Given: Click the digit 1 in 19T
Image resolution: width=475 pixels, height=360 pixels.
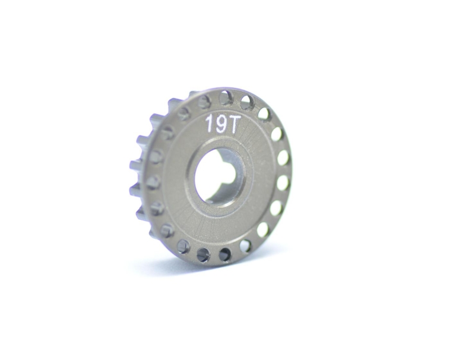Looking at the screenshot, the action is [210, 124].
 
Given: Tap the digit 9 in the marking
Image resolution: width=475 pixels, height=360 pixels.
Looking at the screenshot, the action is [220, 125].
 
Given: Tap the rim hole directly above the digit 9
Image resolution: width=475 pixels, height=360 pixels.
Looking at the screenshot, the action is [226, 99].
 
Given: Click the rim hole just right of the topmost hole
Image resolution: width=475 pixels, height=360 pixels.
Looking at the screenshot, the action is [248, 103].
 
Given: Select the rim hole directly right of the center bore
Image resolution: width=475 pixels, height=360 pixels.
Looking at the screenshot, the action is [283, 183].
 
